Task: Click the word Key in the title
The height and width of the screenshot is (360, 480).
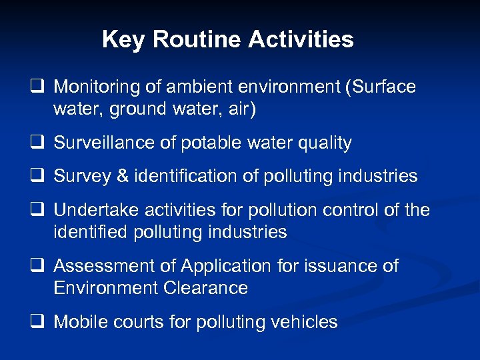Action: click(124, 39)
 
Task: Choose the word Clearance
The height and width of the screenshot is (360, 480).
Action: click(205, 288)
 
